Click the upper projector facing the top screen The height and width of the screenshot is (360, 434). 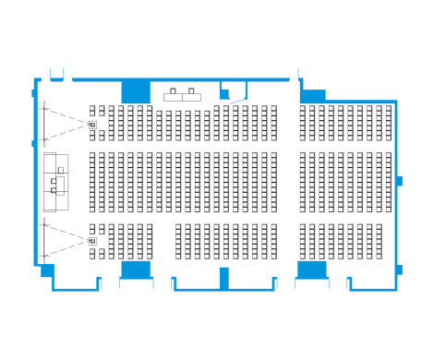[x=92, y=123]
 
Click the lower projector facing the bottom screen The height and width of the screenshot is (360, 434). [x=92, y=241]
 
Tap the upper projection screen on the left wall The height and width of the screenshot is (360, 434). [x=42, y=123]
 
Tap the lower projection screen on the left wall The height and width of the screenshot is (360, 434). [x=42, y=241]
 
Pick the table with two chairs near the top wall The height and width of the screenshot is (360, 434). [x=182, y=93]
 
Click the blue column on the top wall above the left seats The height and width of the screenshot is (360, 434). [x=136, y=91]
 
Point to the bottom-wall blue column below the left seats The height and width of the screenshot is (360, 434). [x=136, y=269]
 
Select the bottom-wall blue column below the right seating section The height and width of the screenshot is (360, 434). [x=311, y=269]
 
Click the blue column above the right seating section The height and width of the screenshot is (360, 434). [x=313, y=95]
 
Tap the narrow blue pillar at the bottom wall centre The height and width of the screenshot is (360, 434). [x=223, y=276]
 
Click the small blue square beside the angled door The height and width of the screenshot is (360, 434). [x=223, y=91]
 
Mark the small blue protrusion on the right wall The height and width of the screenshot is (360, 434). [x=400, y=179]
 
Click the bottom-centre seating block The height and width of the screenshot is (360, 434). [x=225, y=241]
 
